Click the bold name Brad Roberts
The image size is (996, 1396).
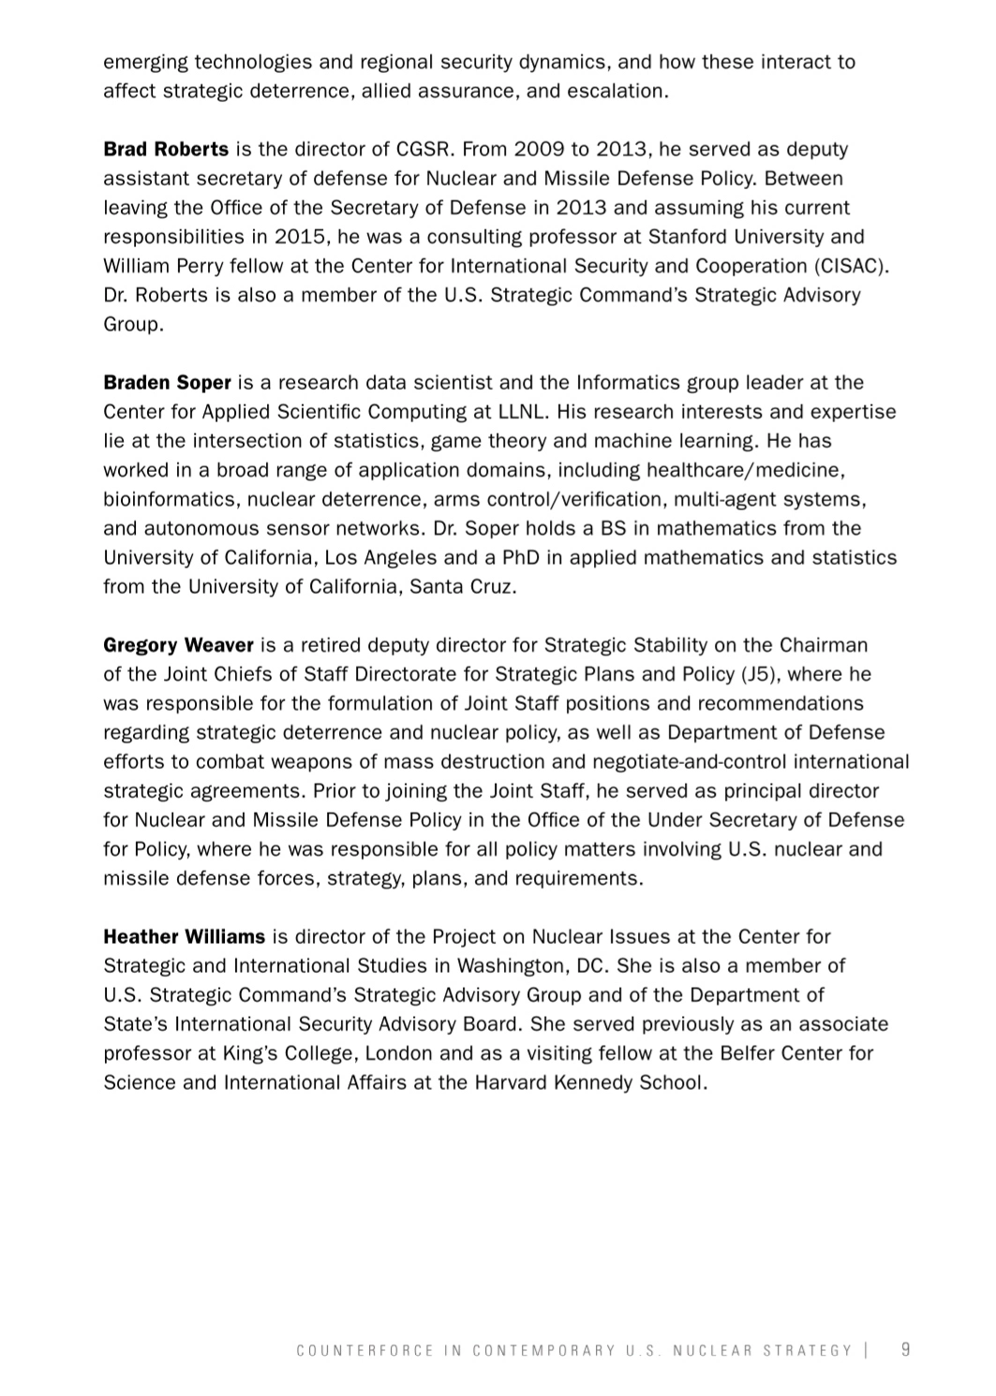tap(166, 149)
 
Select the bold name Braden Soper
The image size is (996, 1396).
tap(168, 382)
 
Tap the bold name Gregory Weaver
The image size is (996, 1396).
tap(178, 644)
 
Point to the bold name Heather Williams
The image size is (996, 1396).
tap(184, 936)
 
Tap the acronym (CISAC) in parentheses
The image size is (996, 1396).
tap(852, 266)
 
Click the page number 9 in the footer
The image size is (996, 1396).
tap(905, 1349)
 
